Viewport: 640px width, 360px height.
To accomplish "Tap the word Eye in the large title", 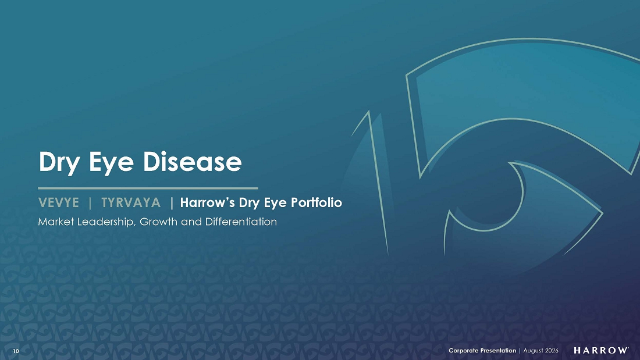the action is click(111, 163).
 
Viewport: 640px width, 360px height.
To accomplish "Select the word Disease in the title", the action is click(192, 161).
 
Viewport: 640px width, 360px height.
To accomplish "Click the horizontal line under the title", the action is click(148, 188).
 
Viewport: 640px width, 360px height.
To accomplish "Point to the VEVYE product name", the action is click(58, 202).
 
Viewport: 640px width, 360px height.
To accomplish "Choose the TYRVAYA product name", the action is click(131, 202).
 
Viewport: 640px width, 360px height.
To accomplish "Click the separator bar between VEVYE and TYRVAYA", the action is click(90, 202).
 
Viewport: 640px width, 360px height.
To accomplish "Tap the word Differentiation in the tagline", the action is click(241, 222).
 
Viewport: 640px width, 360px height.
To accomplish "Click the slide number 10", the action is click(16, 351).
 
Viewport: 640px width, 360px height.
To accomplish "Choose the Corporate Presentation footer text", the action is click(482, 350).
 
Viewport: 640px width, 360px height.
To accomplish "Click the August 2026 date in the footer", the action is click(541, 350).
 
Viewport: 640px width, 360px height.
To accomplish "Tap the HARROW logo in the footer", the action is click(601, 350).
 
